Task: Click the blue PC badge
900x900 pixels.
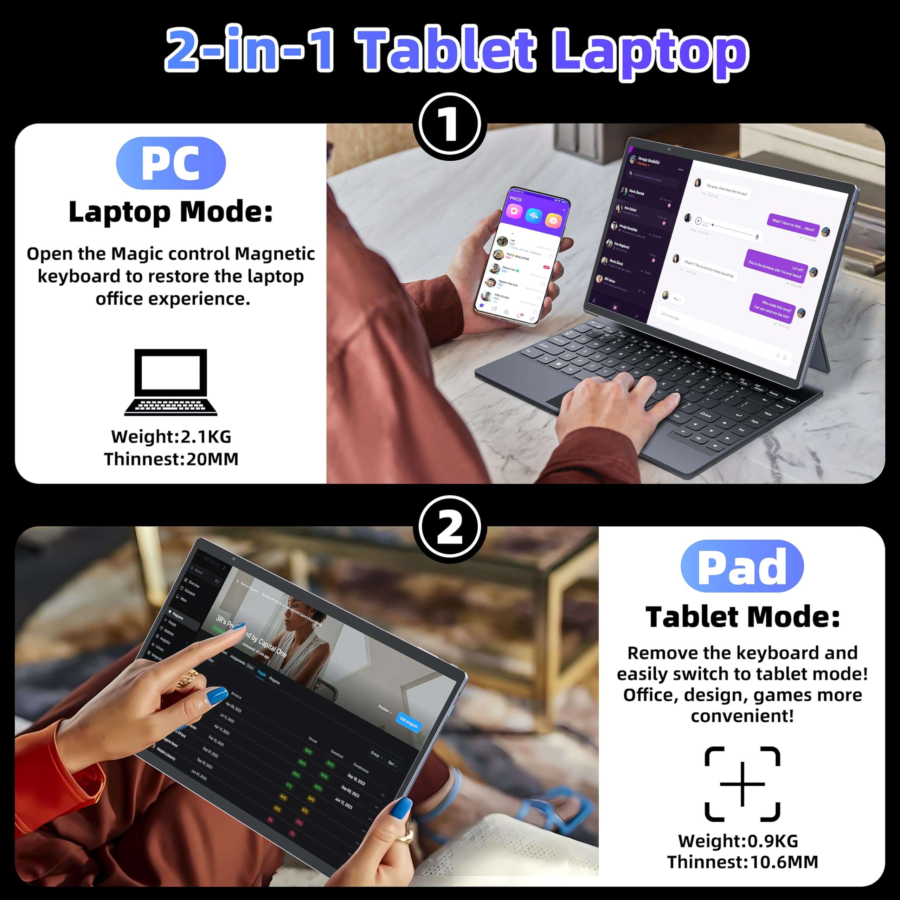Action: pos(171,163)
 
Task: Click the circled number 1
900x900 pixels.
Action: pos(450,124)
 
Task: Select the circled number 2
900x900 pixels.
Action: pos(450,528)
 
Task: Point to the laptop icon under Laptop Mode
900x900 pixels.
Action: pos(171,382)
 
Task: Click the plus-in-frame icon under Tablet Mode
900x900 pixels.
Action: pos(742,784)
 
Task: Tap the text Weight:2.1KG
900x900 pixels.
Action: pos(171,437)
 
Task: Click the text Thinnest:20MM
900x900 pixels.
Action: pos(171,459)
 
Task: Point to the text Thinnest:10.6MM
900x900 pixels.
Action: pos(742,862)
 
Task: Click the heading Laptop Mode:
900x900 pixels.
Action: pos(171,212)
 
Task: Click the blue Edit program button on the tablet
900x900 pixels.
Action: pos(409,722)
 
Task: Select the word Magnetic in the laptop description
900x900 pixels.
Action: pos(275,254)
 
